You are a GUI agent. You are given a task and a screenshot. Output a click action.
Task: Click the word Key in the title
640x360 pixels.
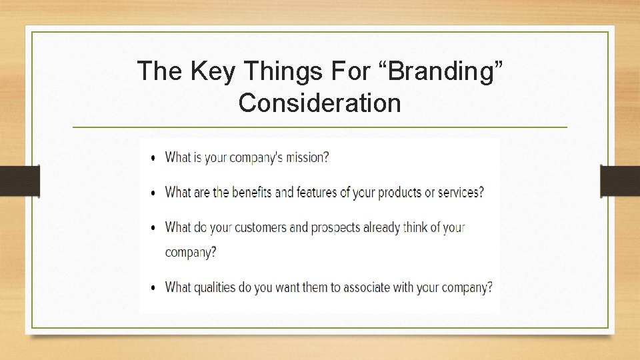213,71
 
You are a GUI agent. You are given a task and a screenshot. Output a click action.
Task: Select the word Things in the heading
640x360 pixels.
279,71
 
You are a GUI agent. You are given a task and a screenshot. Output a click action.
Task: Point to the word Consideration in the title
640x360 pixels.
319,103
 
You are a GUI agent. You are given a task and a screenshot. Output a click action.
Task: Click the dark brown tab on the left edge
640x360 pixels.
19,181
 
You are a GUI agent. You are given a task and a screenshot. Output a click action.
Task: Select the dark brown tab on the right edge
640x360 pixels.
620,181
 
